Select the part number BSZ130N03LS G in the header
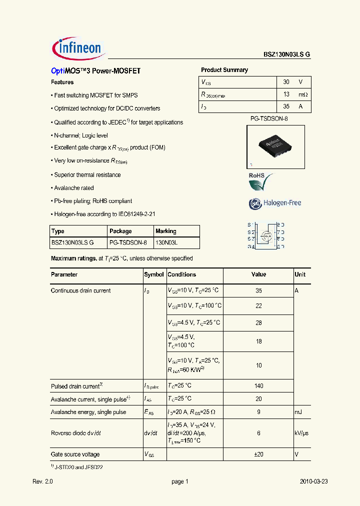click(x=286, y=55)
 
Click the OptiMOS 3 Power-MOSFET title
click(x=96, y=71)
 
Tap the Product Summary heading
click(x=224, y=70)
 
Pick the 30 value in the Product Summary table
click(x=286, y=82)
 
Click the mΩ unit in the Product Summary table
click(x=303, y=94)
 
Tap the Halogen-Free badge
click(x=274, y=203)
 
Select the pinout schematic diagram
click(x=266, y=235)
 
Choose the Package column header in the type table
click(x=120, y=231)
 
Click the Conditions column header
click(x=181, y=274)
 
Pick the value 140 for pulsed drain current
click(x=258, y=386)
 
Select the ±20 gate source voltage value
click(x=258, y=454)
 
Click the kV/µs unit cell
click(x=301, y=433)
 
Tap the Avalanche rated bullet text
click(x=73, y=188)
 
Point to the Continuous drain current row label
click(x=80, y=290)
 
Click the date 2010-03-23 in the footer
click(x=313, y=481)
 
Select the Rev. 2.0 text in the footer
click(x=42, y=481)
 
